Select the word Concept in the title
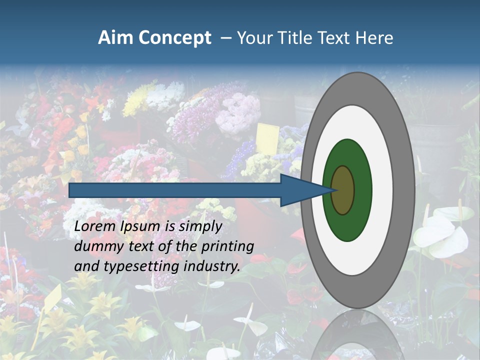(x=175, y=38)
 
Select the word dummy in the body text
(x=95, y=246)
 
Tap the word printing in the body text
(x=227, y=246)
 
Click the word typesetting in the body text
(x=142, y=266)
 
